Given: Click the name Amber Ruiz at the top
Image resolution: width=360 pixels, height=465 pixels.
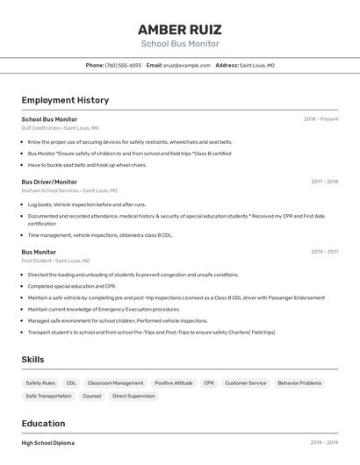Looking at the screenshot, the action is (180, 29).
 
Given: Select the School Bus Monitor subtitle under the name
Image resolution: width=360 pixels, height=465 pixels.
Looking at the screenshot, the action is (180, 44).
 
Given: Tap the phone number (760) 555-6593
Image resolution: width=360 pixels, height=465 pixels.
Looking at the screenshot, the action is (123, 65).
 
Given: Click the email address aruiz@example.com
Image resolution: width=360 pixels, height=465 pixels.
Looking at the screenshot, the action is (186, 65).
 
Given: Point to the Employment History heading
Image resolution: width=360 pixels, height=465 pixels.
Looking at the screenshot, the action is (65, 100).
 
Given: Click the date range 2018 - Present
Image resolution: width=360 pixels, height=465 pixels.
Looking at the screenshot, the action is (320, 118).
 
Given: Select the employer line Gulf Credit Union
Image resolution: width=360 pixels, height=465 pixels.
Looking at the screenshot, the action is (61, 127).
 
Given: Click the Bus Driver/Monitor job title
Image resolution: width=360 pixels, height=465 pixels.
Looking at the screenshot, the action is (49, 182).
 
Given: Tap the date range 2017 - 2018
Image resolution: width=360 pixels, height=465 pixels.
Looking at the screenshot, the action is (324, 182).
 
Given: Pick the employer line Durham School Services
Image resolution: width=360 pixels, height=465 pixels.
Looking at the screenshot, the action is (69, 190).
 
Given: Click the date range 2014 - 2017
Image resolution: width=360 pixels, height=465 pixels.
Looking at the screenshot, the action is (324, 252).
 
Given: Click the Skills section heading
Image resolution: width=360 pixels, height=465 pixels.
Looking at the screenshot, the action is (32, 360).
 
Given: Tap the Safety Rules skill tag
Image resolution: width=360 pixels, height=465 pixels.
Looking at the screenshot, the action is (40, 383).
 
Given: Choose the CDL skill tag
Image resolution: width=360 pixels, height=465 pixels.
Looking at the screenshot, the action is (71, 383).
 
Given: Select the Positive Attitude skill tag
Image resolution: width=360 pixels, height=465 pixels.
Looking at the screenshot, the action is (173, 383).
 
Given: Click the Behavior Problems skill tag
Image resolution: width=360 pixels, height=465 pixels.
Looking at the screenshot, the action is (299, 383).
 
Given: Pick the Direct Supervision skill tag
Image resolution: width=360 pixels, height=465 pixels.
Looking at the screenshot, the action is (133, 397).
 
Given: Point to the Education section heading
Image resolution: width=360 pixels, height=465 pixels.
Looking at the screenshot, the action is (43, 424).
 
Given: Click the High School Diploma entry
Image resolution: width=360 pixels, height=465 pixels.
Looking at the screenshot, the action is (48, 443).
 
